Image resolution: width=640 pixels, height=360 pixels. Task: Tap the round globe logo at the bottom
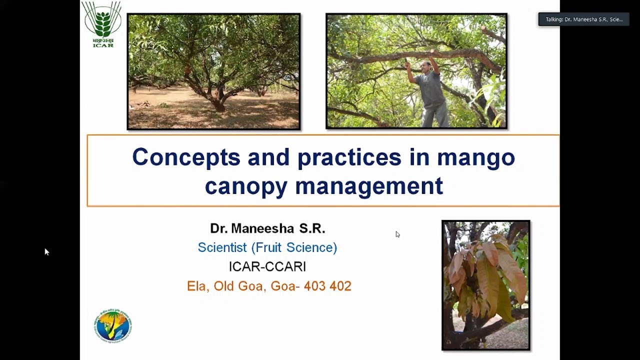pos(112,326)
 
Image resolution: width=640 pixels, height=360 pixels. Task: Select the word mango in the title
pos(476,157)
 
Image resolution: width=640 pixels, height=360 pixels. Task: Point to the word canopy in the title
pos(246,186)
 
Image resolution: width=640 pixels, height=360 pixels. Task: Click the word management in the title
pos(369,186)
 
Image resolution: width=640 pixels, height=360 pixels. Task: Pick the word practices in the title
pos(349,157)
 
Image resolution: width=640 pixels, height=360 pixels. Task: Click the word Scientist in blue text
pos(222,247)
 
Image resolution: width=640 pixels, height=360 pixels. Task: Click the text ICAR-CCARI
pos(267,266)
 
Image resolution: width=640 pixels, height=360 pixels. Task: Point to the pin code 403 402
pos(327,286)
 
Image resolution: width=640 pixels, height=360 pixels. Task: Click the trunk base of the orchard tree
pos(218,105)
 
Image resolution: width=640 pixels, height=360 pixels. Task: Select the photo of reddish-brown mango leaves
pos(485,285)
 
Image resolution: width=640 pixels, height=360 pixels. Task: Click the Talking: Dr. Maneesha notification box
pos(583,19)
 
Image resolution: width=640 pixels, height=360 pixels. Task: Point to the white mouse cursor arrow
pos(46,251)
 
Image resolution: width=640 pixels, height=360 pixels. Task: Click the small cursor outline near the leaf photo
pos(397,234)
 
